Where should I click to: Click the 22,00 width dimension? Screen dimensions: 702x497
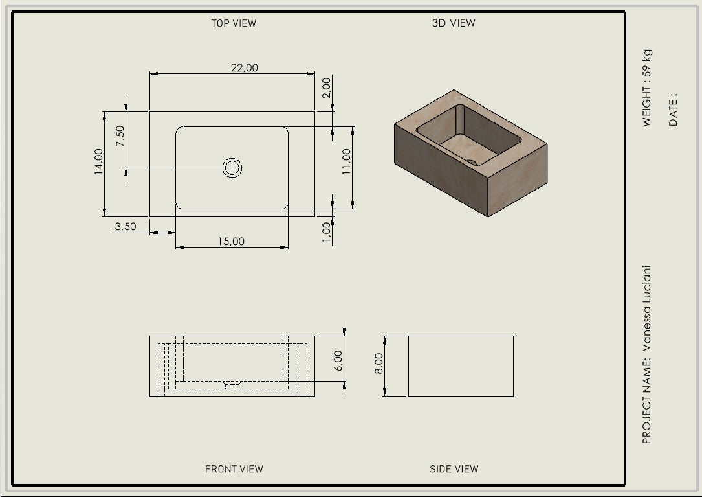coord(245,68)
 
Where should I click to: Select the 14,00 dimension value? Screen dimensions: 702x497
coord(98,161)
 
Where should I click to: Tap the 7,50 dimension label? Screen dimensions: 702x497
coord(120,136)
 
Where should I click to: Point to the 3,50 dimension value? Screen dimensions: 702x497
coord(126,227)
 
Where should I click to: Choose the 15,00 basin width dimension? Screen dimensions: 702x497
coord(231,241)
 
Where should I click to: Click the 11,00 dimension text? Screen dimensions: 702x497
coord(347,161)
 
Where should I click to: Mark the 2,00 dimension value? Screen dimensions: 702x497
coord(326,87)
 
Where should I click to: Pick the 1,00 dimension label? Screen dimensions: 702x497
coord(326,232)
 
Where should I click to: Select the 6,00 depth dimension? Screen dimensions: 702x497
coord(338,361)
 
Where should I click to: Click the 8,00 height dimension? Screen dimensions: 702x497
coord(378,364)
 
